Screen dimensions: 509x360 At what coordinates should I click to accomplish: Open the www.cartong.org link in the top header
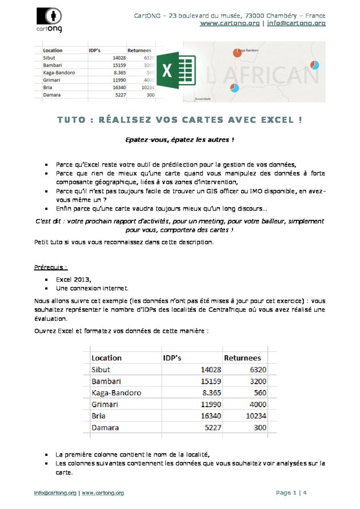pyautogui.click(x=229, y=23)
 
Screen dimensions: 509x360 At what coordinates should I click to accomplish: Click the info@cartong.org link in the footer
pyautogui.click(x=55, y=493)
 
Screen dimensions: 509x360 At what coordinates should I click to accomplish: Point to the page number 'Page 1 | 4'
pyautogui.click(x=291, y=493)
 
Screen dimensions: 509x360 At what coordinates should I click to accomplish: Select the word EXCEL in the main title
pyautogui.click(x=277, y=121)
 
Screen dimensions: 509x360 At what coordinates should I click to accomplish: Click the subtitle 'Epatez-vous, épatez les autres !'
pyautogui.click(x=180, y=140)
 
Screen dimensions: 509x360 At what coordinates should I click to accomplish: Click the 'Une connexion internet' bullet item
pyautogui.click(x=92, y=289)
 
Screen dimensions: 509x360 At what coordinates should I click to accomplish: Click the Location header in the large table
pyautogui.click(x=107, y=358)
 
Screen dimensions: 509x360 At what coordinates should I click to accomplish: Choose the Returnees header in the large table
pyautogui.click(x=242, y=358)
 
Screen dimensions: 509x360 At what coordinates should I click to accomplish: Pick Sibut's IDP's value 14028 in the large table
pyautogui.click(x=209, y=369)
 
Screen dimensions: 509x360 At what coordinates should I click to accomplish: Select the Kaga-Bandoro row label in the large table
pyautogui.click(x=116, y=393)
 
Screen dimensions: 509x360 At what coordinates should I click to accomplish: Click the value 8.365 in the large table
pyautogui.click(x=210, y=393)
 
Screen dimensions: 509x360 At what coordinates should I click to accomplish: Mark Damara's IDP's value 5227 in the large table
pyautogui.click(x=211, y=427)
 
